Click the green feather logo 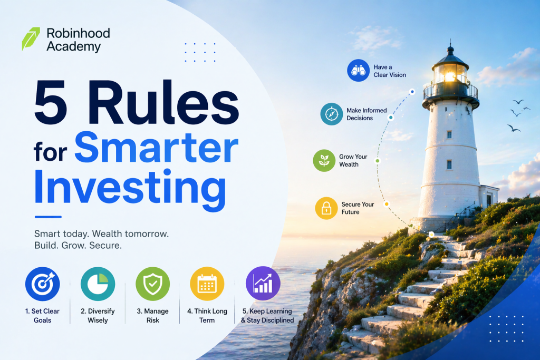pos(31,38)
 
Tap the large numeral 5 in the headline pos(51,102)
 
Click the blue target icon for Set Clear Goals pos(42,284)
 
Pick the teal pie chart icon pos(98,284)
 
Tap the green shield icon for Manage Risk pos(152,284)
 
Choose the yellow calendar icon pos(207,284)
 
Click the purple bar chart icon pos(263,283)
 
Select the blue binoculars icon pos(358,71)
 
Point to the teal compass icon pos(332,114)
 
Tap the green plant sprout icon pos(324,160)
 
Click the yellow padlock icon pos(326,208)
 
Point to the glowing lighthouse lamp pos(450,76)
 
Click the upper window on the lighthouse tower pos(449,134)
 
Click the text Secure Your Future pos(358,208)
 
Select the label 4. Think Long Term pos(207,316)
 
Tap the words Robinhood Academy pos(78,40)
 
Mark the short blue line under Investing pos(48,217)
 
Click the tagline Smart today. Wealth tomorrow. pos(102,233)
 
